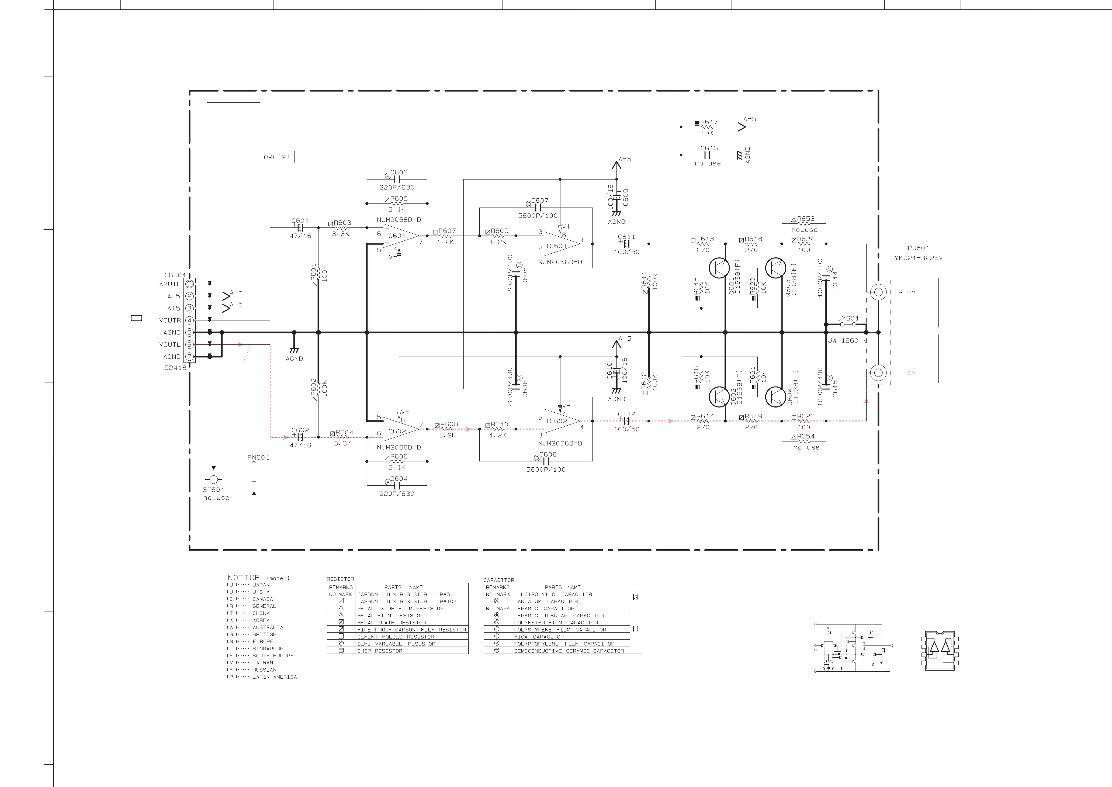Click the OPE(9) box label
(277, 157)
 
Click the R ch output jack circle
(878, 292)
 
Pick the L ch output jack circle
(878, 373)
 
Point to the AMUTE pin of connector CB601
(189, 284)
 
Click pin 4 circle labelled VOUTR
(189, 320)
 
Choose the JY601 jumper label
(848, 318)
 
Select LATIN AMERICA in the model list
(274, 677)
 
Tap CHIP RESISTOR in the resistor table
(380, 651)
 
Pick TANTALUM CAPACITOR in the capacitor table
(546, 601)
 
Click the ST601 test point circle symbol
(214, 479)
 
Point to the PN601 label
(258, 457)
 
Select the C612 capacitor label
(626, 414)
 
